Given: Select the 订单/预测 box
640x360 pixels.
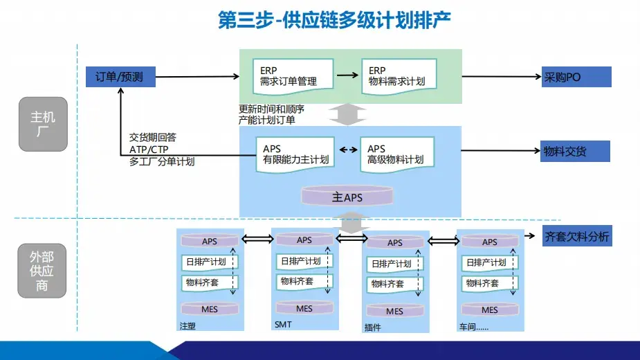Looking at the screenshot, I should (x=120, y=77).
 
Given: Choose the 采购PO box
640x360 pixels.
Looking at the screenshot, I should (x=576, y=77).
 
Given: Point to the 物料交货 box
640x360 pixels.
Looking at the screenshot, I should (x=575, y=151).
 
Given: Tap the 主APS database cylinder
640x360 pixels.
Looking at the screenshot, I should (x=347, y=197).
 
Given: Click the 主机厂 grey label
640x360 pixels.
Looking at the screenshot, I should (x=42, y=124).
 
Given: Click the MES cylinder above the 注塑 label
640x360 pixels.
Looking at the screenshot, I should (x=210, y=309).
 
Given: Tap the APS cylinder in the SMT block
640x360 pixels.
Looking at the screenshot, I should (x=304, y=240).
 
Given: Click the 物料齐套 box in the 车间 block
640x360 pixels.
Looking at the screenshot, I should (x=486, y=283).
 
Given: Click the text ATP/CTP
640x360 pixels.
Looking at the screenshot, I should (x=148, y=150).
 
